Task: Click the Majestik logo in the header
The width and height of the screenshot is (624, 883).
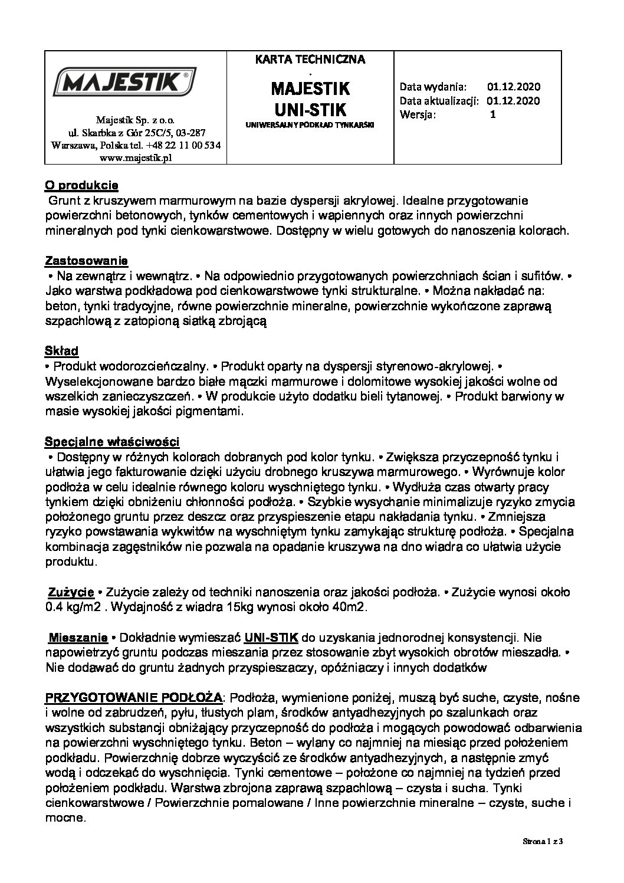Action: [x=125, y=81]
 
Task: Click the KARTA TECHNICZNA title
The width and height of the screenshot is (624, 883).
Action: [x=310, y=59]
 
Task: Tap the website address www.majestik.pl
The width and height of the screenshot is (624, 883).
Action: [x=136, y=157]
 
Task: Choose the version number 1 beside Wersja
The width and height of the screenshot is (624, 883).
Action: [x=493, y=114]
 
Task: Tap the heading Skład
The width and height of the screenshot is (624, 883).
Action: [x=62, y=350]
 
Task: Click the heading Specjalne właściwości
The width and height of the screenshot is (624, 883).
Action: [x=113, y=441]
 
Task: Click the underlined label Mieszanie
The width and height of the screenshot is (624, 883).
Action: [x=78, y=638]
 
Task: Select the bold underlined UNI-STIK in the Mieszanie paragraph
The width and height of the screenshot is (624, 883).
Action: [x=271, y=638]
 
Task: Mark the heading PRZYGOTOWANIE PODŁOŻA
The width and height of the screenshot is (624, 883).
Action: [x=134, y=698]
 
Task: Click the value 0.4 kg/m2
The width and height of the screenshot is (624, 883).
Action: [x=71, y=607]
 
